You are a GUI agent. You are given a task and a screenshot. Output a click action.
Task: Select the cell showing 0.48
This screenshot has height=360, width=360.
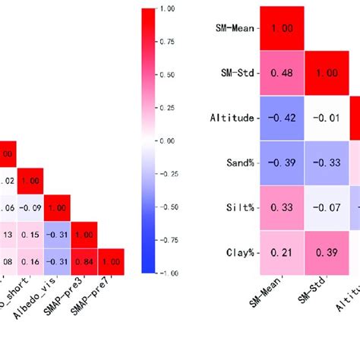(x=283, y=73)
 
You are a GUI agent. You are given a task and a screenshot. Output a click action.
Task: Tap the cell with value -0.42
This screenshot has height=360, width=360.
(x=283, y=118)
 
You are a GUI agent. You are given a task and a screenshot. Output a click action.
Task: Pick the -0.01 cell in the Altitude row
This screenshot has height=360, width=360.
(x=327, y=118)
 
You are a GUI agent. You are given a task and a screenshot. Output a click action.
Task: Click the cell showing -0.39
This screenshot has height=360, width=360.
(x=283, y=163)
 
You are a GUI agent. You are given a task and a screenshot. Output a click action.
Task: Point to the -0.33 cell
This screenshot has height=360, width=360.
(x=327, y=163)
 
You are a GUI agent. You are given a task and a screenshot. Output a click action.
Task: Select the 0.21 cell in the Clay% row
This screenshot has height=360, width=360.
(x=283, y=251)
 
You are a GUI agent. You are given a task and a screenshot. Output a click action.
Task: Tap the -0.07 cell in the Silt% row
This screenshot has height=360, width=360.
(x=327, y=207)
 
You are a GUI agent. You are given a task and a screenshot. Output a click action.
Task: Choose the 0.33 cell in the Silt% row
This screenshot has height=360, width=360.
(x=283, y=207)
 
